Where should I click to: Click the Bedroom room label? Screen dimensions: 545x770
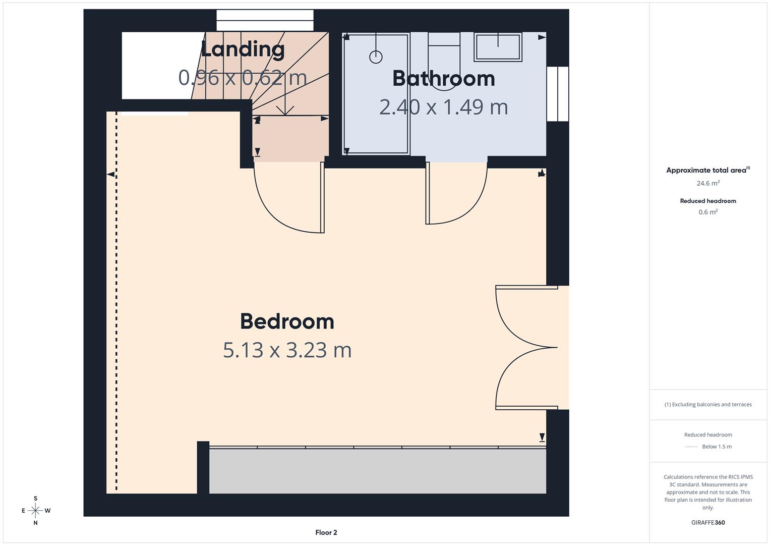(x=287, y=321)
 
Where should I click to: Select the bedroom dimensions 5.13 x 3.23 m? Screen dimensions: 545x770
(x=287, y=350)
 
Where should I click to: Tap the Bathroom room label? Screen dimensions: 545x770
(x=443, y=78)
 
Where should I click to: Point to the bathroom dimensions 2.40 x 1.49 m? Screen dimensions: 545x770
(x=443, y=107)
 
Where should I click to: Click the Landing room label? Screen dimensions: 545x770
(x=243, y=49)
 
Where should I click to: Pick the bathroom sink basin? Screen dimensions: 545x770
(x=498, y=46)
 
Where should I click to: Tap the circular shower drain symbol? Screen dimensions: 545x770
(x=376, y=57)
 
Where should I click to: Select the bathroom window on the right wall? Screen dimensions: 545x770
(x=558, y=94)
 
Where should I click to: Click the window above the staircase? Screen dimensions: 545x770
(x=265, y=21)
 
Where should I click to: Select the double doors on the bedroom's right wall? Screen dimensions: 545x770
(x=527, y=347)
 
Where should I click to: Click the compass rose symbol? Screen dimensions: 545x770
(x=35, y=511)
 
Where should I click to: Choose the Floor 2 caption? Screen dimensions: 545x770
(x=326, y=532)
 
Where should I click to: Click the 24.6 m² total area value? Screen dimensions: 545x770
(x=708, y=184)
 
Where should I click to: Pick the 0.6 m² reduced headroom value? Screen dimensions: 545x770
(x=708, y=212)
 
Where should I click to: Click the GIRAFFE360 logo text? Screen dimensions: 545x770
(x=708, y=522)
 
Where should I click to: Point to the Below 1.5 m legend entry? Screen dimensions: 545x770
(x=716, y=447)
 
